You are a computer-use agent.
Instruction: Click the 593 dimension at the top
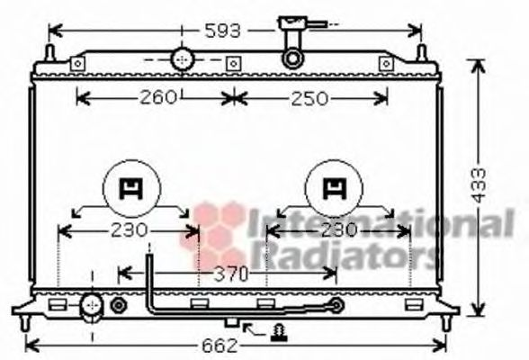(222, 31)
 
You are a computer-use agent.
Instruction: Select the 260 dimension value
(157, 98)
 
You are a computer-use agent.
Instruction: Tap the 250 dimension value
(309, 98)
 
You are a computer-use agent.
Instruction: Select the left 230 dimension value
(128, 230)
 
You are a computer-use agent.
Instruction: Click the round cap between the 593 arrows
(183, 59)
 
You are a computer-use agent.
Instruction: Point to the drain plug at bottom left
(90, 306)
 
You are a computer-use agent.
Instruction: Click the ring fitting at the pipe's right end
(336, 306)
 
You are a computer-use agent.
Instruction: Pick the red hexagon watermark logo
(219, 233)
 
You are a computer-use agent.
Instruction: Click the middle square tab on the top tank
(233, 63)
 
